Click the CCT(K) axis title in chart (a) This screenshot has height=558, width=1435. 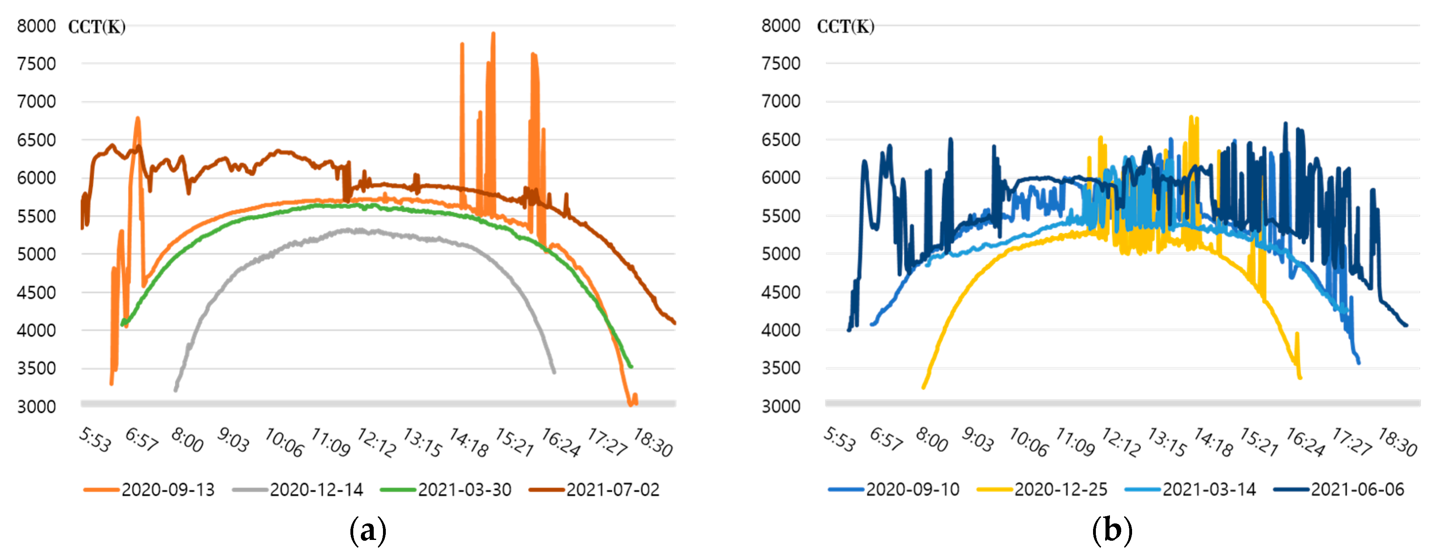(97, 27)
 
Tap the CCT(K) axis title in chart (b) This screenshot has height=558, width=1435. (846, 27)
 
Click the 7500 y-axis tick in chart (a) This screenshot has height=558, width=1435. (36, 64)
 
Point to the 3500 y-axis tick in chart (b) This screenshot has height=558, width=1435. (780, 368)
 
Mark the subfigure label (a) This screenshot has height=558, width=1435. (368, 530)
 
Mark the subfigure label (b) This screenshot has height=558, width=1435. (1112, 530)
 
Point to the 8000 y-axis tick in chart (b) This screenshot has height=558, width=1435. (780, 26)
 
